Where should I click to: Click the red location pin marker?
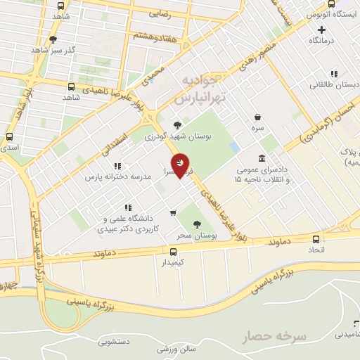pyautogui.click(x=181, y=165)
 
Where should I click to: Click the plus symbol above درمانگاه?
pyautogui.click(x=322, y=30)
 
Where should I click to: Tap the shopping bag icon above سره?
pyautogui.click(x=259, y=117)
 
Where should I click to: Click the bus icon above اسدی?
pyautogui.click(x=9, y=137)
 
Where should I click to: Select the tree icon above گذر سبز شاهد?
pyautogui.click(x=53, y=39)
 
